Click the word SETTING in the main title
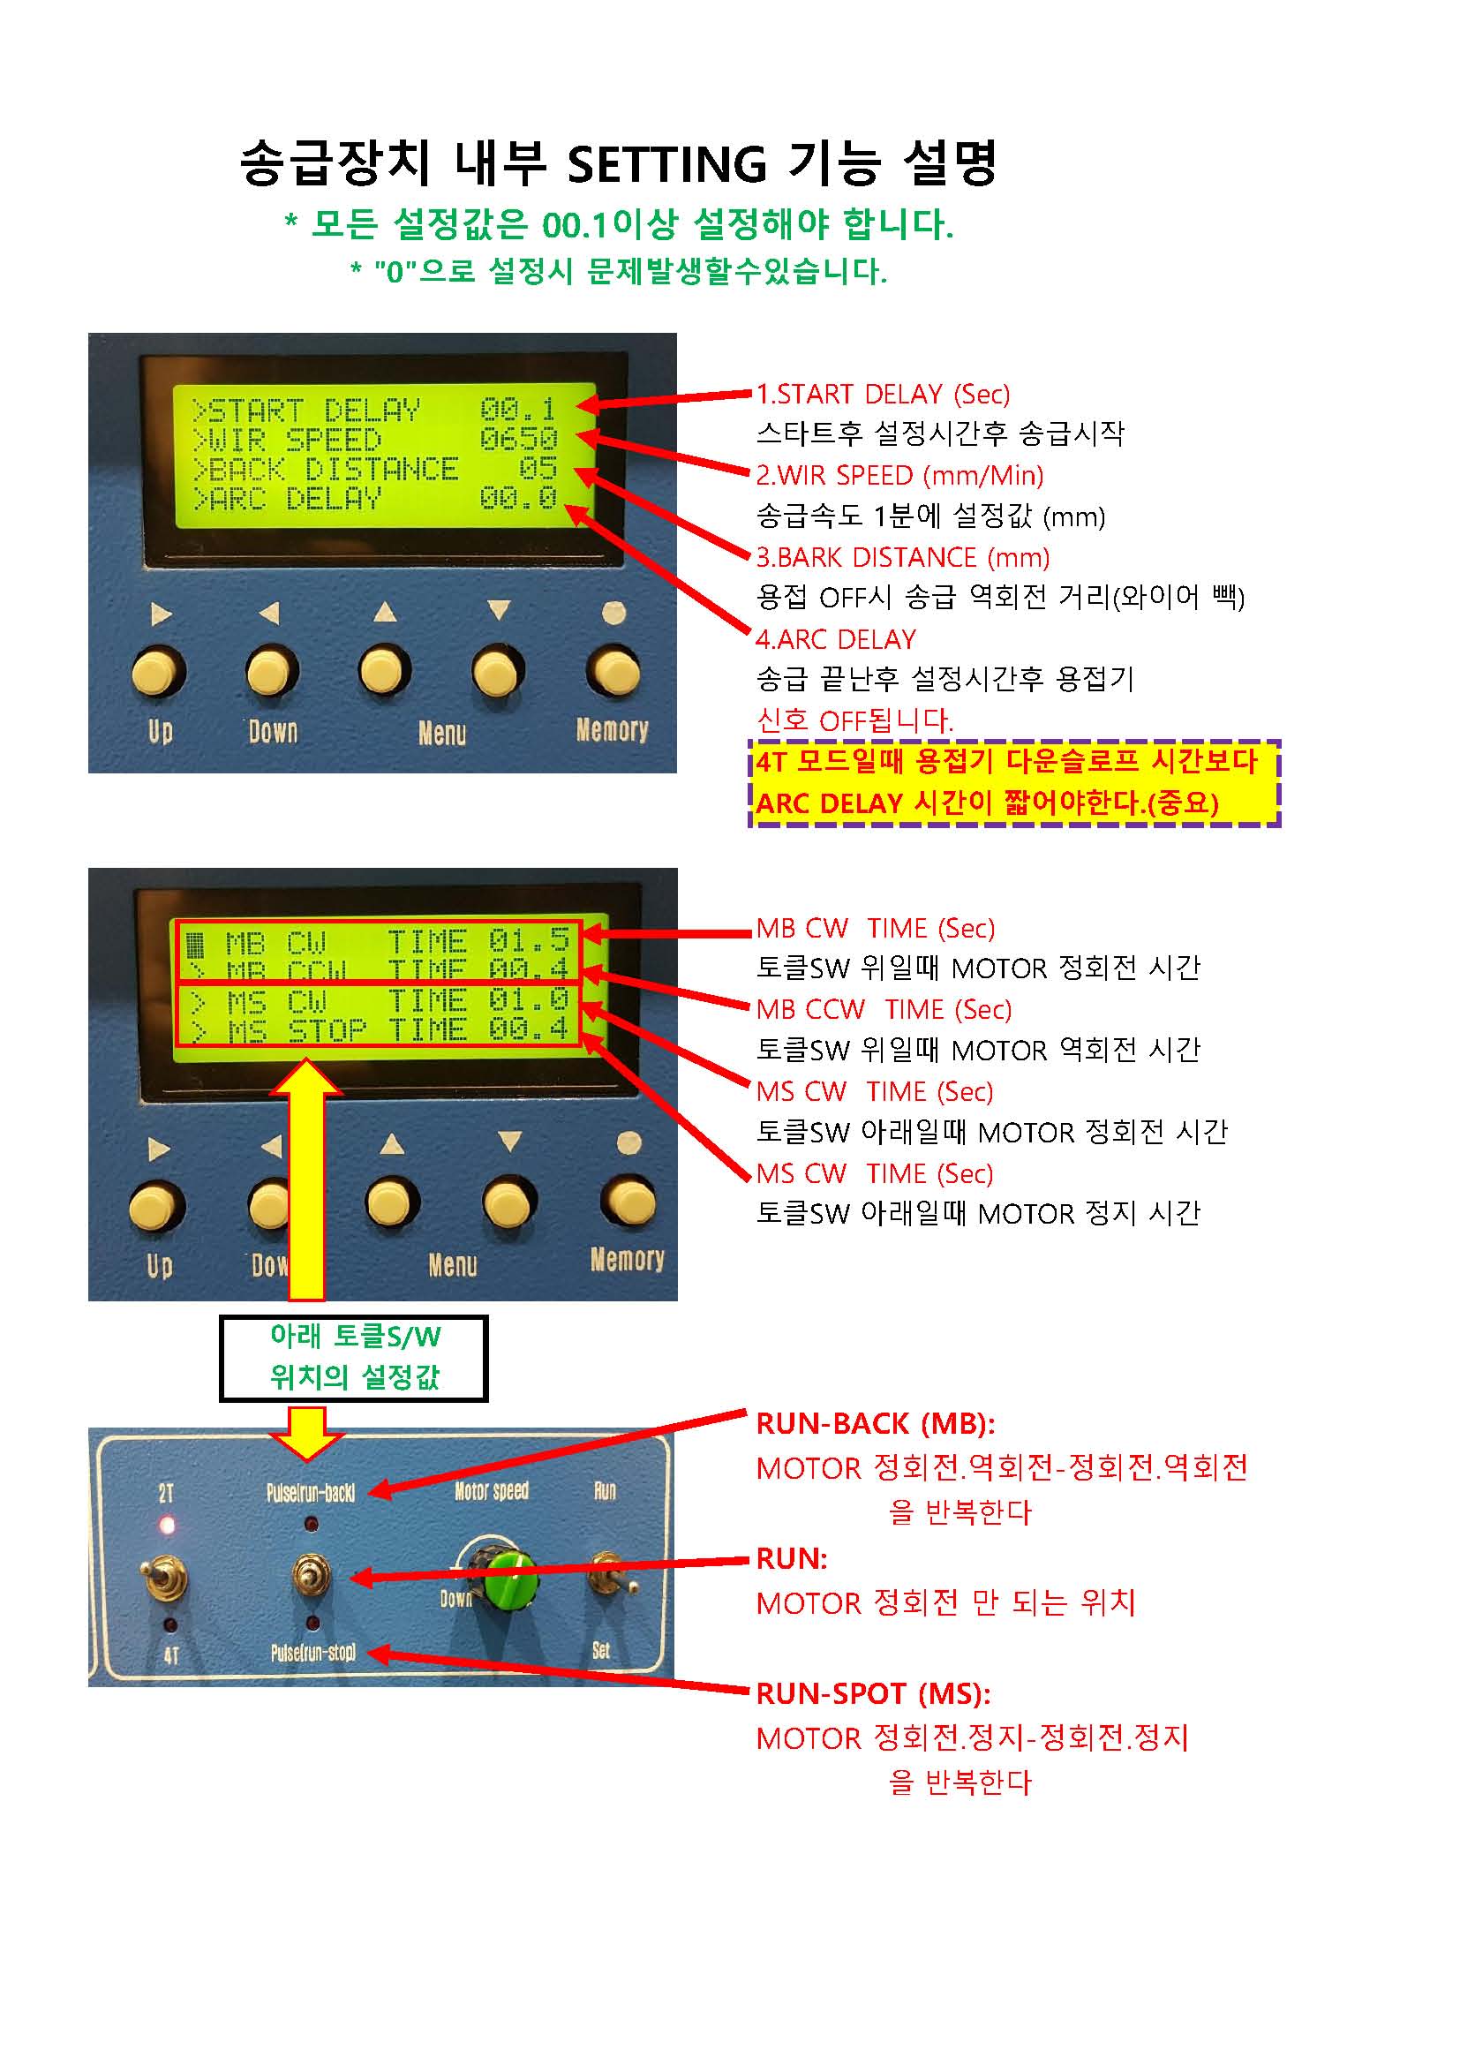coord(666,164)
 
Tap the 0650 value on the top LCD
coord(519,439)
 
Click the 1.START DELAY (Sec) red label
coord(883,394)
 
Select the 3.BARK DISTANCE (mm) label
coord(903,558)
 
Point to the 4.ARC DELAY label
coord(836,639)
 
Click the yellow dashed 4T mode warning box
coord(1014,782)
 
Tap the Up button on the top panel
coord(159,673)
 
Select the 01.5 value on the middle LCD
coord(529,941)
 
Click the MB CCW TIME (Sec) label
coord(884,1009)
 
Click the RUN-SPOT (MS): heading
coord(873,1693)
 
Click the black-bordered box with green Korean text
coord(353,1358)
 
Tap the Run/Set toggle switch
coord(607,1573)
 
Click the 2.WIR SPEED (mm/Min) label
coord(899,476)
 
